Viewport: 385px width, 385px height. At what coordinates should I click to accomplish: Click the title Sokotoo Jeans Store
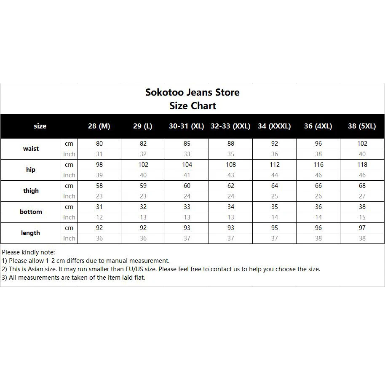[192, 92]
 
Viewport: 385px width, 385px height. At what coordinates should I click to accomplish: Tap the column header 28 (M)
[99, 126]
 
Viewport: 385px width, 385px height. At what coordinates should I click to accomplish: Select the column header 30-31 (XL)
[187, 126]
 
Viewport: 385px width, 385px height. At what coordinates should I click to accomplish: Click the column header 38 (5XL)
[362, 126]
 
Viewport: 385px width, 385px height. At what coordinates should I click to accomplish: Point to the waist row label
[31, 149]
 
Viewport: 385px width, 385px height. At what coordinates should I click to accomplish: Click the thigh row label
[31, 191]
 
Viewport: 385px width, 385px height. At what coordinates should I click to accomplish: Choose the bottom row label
[31, 212]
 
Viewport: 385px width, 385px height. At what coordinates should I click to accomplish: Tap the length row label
[31, 233]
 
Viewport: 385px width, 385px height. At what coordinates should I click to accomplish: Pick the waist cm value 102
[362, 144]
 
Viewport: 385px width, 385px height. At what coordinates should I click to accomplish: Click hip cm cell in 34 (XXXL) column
[275, 165]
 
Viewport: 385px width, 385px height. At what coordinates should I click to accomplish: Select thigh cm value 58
[99, 186]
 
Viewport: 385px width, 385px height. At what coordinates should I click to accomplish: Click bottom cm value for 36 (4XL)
[318, 207]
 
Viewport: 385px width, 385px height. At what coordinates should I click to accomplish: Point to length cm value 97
[362, 228]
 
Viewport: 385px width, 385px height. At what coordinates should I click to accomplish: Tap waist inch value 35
[231, 154]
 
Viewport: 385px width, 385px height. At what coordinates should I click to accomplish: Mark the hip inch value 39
[99, 175]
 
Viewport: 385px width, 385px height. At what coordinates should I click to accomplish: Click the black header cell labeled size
[40, 126]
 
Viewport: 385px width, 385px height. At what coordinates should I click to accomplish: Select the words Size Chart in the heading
[192, 106]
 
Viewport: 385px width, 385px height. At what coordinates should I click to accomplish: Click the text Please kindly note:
[28, 252]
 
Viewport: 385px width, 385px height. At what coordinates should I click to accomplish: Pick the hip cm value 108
[231, 165]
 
